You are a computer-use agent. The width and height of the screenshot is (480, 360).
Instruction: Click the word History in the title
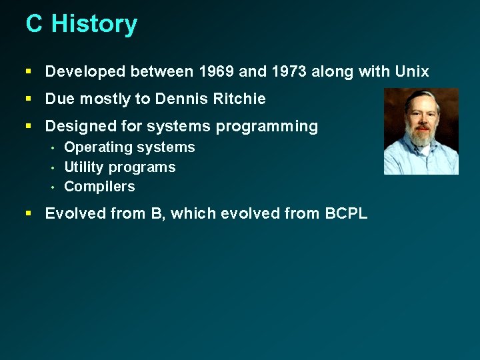tap(95, 24)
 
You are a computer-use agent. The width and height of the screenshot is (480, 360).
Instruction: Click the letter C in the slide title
tap(34, 24)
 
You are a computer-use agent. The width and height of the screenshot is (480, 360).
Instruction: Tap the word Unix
tap(411, 71)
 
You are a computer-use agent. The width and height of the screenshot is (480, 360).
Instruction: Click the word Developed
tap(85, 71)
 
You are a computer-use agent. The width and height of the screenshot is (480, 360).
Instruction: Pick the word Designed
tap(75, 127)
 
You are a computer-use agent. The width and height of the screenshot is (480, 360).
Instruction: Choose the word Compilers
tap(99, 187)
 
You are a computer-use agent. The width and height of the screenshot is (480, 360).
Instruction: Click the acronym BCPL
tap(345, 214)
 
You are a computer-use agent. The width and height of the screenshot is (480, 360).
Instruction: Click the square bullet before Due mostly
tap(29, 99)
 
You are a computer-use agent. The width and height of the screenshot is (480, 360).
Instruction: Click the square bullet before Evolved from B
tap(29, 214)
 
